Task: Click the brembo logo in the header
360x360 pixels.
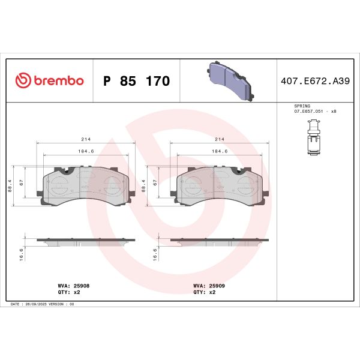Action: [49, 81]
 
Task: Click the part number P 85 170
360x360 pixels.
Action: [137, 81]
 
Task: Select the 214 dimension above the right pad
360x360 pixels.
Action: [219, 139]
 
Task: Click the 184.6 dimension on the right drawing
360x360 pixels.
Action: [219, 152]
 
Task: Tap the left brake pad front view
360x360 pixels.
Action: [85, 186]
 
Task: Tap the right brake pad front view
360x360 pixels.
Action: [219, 186]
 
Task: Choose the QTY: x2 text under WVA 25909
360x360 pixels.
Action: [204, 293]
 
